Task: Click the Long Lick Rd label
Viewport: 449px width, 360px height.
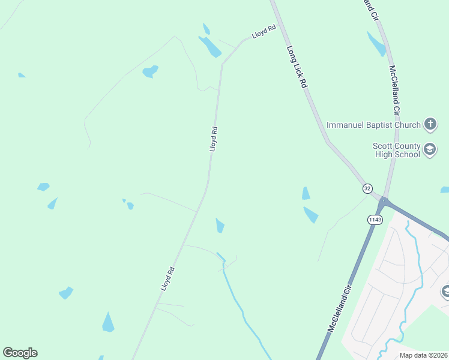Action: coord(297,68)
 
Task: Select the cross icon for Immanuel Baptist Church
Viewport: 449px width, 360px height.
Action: coord(430,125)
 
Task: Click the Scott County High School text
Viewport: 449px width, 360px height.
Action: coord(396,150)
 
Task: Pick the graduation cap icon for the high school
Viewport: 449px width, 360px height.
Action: coord(430,149)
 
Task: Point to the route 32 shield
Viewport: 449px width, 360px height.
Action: coord(367,188)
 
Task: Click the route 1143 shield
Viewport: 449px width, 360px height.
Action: coord(375,220)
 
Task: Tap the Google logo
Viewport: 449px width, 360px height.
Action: coord(20,353)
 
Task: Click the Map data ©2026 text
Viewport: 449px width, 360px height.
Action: coord(424,355)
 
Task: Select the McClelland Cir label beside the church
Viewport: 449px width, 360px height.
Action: coord(394,91)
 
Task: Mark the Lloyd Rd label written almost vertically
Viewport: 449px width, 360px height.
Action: coord(213,138)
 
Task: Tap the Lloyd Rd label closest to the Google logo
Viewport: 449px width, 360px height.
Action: coord(167,279)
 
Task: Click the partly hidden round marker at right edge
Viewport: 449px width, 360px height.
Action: coord(445,292)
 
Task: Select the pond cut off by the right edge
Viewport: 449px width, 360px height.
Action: coord(445,190)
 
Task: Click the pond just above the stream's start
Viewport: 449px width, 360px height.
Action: coord(220,226)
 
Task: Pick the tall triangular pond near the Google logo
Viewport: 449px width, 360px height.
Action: coord(108,323)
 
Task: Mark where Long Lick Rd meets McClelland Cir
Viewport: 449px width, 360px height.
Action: coord(382,200)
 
